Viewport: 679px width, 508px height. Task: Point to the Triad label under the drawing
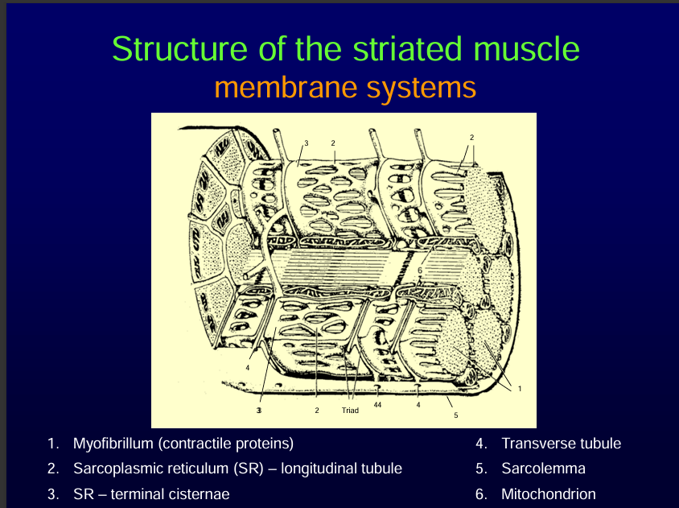(350, 411)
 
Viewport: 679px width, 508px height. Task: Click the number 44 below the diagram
(377, 404)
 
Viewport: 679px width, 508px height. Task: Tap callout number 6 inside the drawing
(419, 271)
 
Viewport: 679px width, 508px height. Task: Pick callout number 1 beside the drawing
(520, 389)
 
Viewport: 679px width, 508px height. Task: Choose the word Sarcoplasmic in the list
(113, 469)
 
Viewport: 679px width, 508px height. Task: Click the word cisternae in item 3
(199, 494)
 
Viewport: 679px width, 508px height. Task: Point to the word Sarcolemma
(543, 469)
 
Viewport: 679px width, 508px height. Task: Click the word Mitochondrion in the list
(549, 494)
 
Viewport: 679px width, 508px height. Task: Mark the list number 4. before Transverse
(480, 444)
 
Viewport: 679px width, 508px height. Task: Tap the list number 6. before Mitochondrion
(480, 494)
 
